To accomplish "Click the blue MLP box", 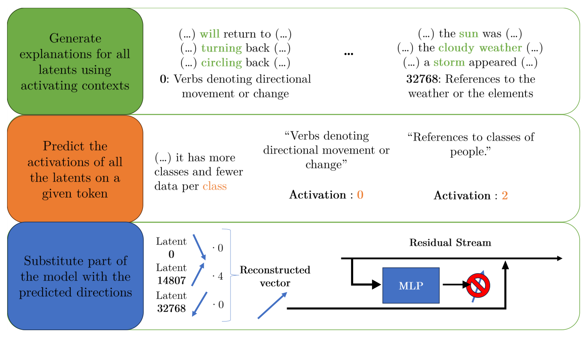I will tap(410, 285).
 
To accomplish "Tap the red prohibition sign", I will tap(478, 285).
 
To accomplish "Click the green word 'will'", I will tap(210, 34).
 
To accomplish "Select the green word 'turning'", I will tap(221, 48).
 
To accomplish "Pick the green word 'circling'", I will tap(221, 63).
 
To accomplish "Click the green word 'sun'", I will tap(468, 34).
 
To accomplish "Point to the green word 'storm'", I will tap(449, 62).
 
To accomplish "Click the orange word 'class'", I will tap(214, 186).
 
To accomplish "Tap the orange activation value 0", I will tap(360, 195).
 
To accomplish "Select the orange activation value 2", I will tap(505, 196).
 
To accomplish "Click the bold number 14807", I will tap(171, 281).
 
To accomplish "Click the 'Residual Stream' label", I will tap(450, 243).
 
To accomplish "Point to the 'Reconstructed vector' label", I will tap(275, 276).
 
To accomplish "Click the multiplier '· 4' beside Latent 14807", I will tap(218, 276).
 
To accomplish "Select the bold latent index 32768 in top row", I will tap(422, 79).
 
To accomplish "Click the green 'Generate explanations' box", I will tap(75, 62).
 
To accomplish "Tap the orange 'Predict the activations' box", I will tap(75, 169).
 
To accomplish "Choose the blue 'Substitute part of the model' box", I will tap(75, 276).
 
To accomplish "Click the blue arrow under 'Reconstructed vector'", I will tap(272, 305).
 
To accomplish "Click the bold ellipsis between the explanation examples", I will tap(348, 54).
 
